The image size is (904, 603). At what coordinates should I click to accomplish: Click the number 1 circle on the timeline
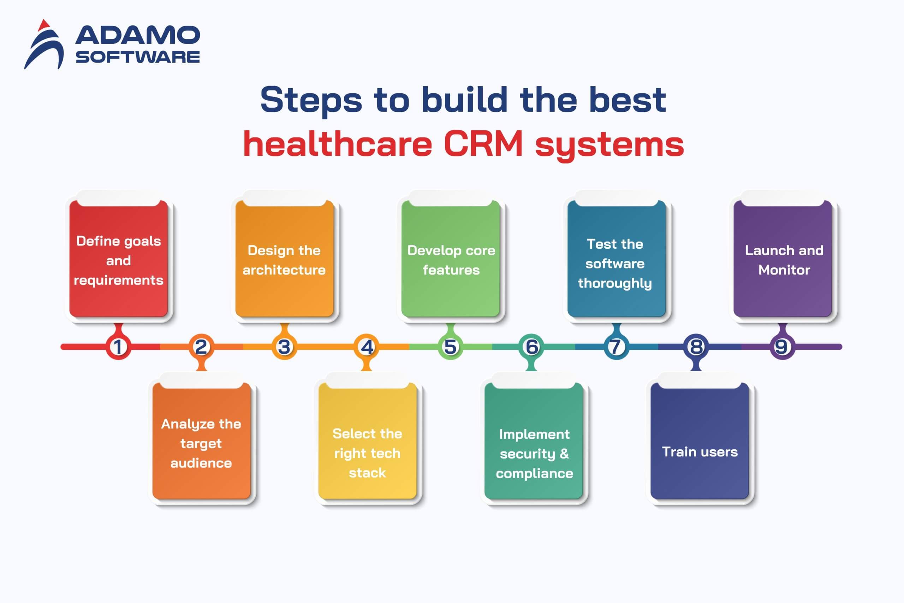[118, 347]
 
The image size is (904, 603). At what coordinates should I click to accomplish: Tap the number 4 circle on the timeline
[367, 347]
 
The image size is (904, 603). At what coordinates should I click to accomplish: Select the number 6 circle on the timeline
[531, 347]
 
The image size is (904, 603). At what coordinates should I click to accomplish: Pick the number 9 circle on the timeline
[782, 347]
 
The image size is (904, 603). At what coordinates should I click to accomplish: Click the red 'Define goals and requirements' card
[118, 259]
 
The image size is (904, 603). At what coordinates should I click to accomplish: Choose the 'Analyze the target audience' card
[201, 441]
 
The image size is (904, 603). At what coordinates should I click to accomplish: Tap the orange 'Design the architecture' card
[284, 259]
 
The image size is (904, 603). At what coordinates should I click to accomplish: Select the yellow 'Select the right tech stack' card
[368, 441]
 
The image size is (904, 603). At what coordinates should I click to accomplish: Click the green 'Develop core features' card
[451, 259]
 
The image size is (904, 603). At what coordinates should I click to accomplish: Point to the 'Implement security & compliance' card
[534, 441]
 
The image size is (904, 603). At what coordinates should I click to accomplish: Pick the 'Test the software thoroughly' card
[617, 259]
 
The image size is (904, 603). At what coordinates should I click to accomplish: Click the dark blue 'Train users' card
[700, 441]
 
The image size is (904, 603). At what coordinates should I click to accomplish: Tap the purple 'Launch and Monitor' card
[783, 259]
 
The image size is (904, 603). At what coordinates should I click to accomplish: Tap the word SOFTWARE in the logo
[138, 57]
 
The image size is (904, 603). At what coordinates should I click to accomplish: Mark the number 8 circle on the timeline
[696, 347]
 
